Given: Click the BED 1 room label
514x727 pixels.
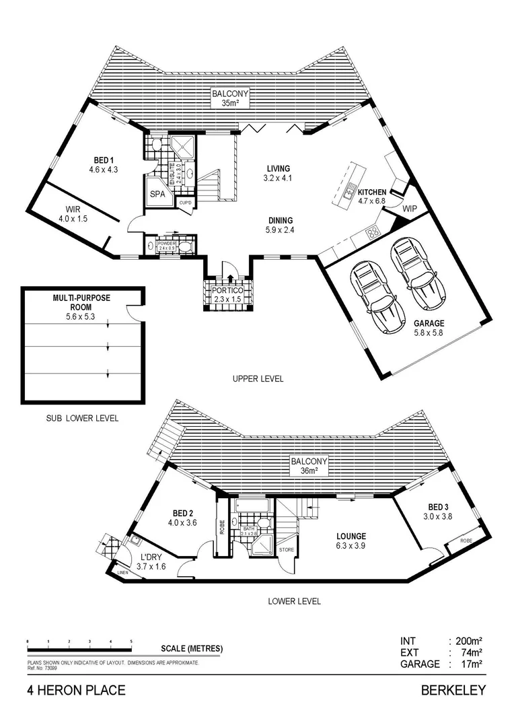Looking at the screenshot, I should tap(102, 160).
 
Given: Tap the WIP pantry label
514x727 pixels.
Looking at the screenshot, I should tap(410, 209).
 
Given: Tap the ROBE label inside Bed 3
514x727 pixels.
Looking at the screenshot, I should tap(466, 540).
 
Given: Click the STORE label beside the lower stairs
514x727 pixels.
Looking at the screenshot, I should tap(287, 549).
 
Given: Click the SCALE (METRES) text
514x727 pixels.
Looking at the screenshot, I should tap(192, 649).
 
